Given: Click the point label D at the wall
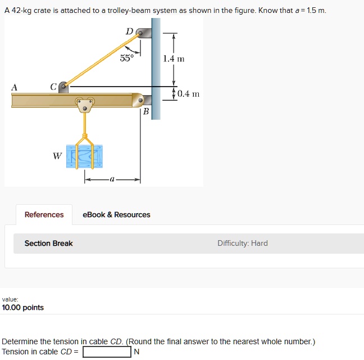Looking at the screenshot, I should click(129, 31).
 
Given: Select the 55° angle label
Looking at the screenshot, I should click(127, 58).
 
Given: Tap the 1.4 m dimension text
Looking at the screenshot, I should click(174, 58).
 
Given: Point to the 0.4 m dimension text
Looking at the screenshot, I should click(188, 94).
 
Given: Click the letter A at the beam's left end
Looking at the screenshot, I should click(14, 87).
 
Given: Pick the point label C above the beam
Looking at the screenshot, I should click(53, 87).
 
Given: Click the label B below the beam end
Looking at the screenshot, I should click(146, 111).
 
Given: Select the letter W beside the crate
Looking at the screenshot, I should click(57, 156).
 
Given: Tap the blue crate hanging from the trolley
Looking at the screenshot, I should click(85, 156).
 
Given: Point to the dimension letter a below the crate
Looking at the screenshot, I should click(112, 179).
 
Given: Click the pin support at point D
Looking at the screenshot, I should click(143, 33).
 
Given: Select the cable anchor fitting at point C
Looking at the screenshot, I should click(64, 87).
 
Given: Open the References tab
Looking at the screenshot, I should click(44, 215).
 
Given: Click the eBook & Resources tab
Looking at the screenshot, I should click(116, 215).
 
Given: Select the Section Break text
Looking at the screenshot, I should click(48, 244).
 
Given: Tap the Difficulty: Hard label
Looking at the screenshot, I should click(242, 244).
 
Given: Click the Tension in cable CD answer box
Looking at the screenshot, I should click(107, 352).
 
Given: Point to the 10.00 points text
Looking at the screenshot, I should click(23, 308).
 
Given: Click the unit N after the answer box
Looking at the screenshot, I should click(136, 352).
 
